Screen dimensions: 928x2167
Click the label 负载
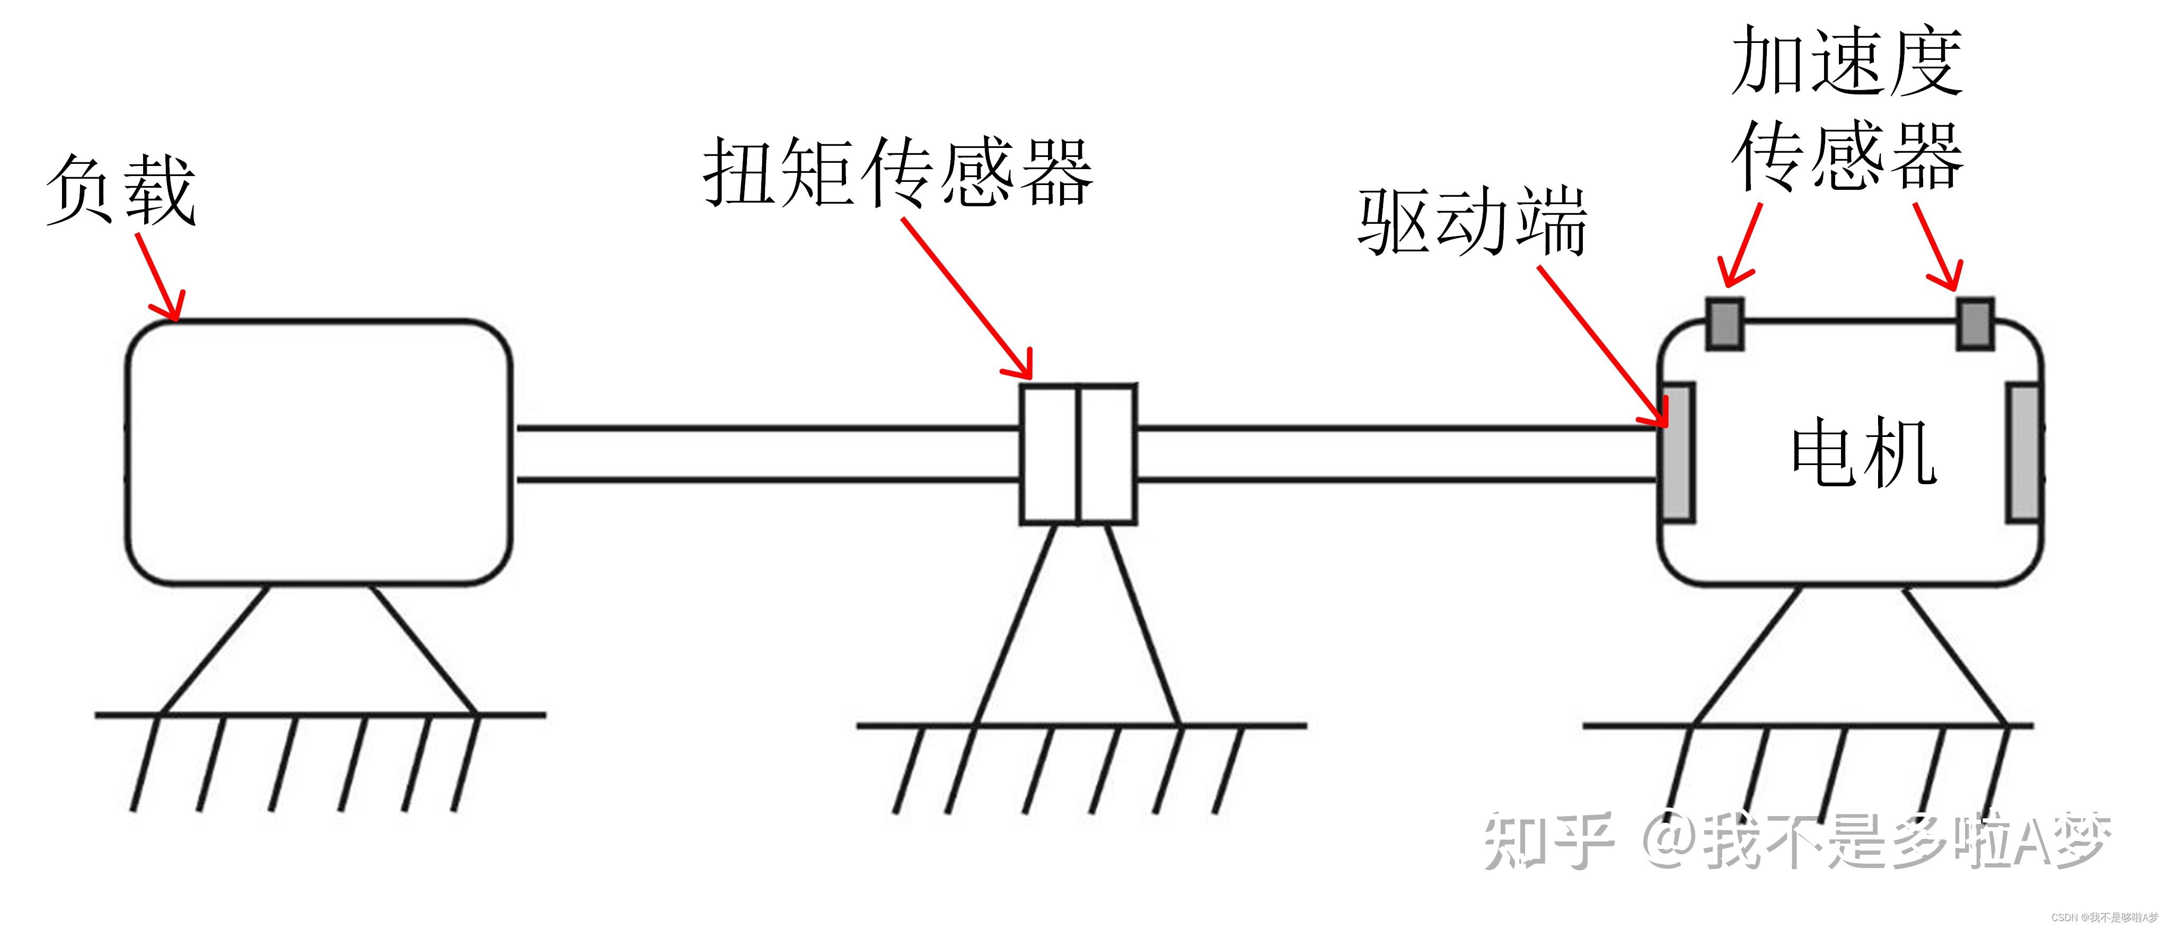122,190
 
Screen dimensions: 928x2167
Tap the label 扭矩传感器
897,172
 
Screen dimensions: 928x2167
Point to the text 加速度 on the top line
1846,60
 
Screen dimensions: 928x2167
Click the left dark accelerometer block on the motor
1724,323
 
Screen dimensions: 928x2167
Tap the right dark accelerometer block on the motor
1974,323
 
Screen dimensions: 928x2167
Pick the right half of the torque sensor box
1107,454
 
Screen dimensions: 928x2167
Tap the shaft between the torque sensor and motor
1396,454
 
